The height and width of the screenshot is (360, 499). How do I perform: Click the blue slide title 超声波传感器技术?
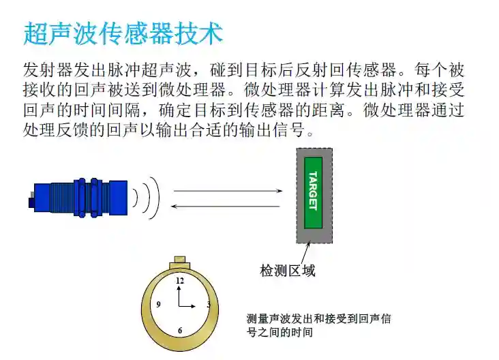pyautogui.click(x=123, y=33)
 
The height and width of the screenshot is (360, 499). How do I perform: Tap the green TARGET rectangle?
pyautogui.click(x=313, y=192)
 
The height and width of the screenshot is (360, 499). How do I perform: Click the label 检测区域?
pyautogui.click(x=288, y=271)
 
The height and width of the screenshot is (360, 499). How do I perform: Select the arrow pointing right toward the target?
pyautogui.click(x=228, y=191)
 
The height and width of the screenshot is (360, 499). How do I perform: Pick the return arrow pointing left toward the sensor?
pyautogui.click(x=226, y=207)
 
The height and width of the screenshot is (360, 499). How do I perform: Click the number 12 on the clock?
pyautogui.click(x=180, y=280)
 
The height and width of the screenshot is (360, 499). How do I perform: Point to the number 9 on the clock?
pyautogui.click(x=158, y=305)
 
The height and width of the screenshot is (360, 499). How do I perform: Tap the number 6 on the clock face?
pyautogui.click(x=180, y=331)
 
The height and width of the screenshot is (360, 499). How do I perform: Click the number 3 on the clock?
pyautogui.click(x=209, y=305)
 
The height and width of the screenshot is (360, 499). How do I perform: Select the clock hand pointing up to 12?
pyautogui.click(x=179, y=296)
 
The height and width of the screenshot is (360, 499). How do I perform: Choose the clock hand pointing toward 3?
pyautogui.click(x=187, y=307)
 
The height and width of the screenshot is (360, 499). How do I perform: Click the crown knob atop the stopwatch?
pyautogui.click(x=180, y=262)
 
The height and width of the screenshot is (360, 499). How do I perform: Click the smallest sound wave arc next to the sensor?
pyautogui.click(x=136, y=198)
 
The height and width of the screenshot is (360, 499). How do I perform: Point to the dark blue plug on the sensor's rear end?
pyautogui.click(x=31, y=202)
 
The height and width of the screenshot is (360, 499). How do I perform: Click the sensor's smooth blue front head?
pyautogui.click(x=118, y=197)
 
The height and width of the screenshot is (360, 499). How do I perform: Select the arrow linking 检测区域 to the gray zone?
pyautogui.click(x=305, y=253)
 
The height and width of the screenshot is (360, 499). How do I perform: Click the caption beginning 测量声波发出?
pyautogui.click(x=319, y=325)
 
